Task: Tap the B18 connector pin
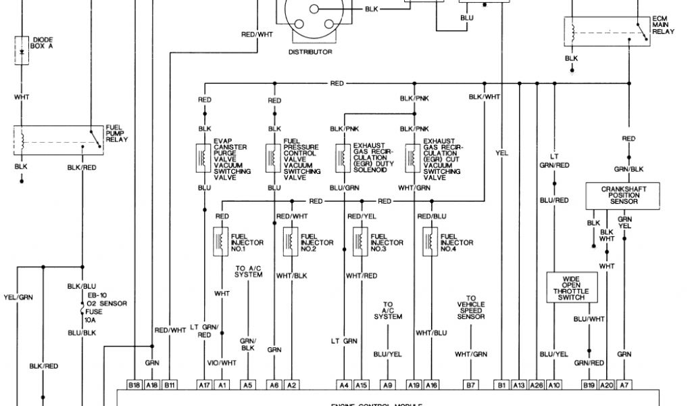point(134,384)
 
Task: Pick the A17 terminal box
point(205,384)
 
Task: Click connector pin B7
point(470,384)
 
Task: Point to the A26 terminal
point(537,384)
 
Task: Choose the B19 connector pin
point(589,384)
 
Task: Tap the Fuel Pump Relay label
point(117,133)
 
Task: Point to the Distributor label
point(310,51)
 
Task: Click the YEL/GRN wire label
point(18,296)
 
